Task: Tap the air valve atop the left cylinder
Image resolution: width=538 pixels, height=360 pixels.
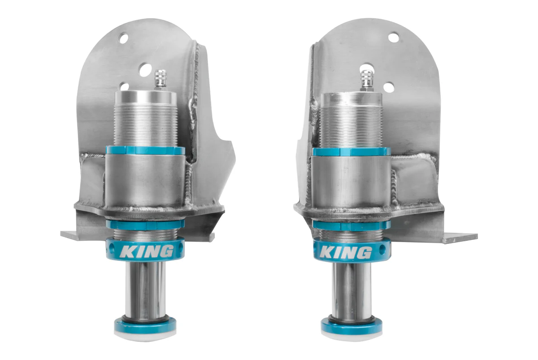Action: point(160,79)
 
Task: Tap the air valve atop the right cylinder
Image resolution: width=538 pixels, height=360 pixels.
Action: point(367,80)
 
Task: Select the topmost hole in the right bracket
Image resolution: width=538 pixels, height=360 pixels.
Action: point(393,38)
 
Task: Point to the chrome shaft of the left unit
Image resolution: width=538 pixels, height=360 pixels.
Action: point(145,287)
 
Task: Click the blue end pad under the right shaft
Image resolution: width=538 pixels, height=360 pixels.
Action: point(351,327)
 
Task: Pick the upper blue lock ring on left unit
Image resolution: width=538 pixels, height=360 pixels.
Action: point(144,150)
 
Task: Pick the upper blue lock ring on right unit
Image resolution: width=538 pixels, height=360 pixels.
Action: point(351,152)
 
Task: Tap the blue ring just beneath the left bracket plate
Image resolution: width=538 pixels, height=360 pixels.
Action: point(145,223)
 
